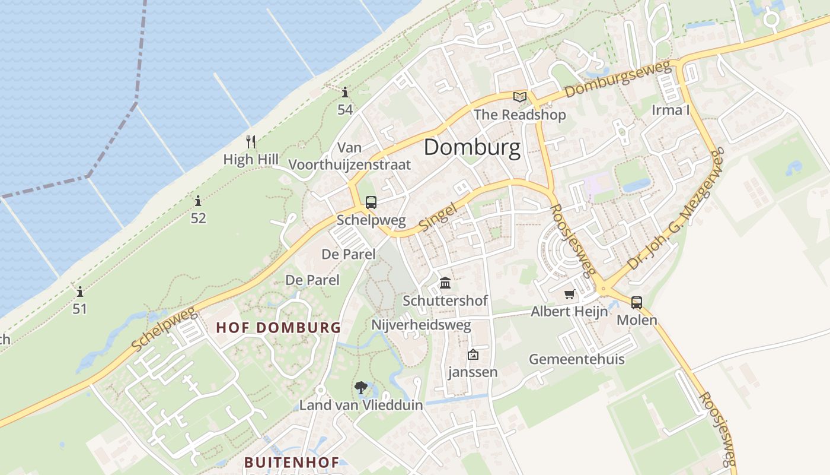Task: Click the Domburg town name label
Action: pyautogui.click(x=472, y=147)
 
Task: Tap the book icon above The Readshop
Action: pyautogui.click(x=520, y=97)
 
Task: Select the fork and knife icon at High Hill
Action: pyautogui.click(x=251, y=141)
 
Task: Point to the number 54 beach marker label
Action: pyautogui.click(x=345, y=109)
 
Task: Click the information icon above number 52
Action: pyautogui.click(x=198, y=201)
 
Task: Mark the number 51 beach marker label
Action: pyautogui.click(x=79, y=309)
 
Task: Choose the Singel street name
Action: pyautogui.click(x=438, y=217)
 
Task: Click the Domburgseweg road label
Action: pyautogui.click(x=620, y=79)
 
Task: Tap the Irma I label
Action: pyautogui.click(x=671, y=110)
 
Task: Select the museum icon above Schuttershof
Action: pyautogui.click(x=445, y=283)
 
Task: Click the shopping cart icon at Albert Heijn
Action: pyautogui.click(x=570, y=294)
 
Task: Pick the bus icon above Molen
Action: pyautogui.click(x=637, y=302)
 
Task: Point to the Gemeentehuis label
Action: pyautogui.click(x=576, y=359)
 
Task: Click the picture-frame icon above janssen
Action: pyautogui.click(x=473, y=354)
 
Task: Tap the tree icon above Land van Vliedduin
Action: pyautogui.click(x=360, y=388)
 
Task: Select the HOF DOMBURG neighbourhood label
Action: pyautogui.click(x=279, y=327)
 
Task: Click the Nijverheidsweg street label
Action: pyautogui.click(x=421, y=325)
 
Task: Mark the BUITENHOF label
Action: pyautogui.click(x=292, y=462)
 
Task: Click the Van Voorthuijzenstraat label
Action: pyautogui.click(x=350, y=156)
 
